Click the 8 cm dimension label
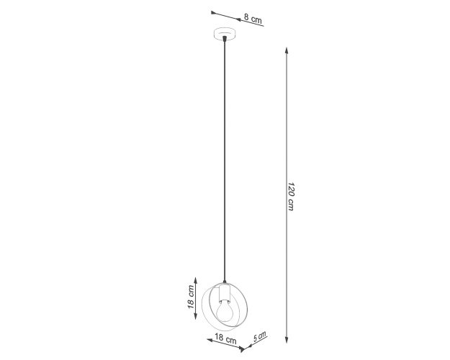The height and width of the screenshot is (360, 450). [253, 19]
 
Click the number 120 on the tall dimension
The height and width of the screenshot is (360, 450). [291, 189]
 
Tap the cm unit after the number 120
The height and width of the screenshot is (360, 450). [291, 205]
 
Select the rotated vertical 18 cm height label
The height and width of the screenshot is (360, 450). [191, 297]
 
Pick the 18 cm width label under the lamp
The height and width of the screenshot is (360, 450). [225, 338]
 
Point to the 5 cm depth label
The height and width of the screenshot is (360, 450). [259, 336]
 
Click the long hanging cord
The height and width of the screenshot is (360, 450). [225, 161]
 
